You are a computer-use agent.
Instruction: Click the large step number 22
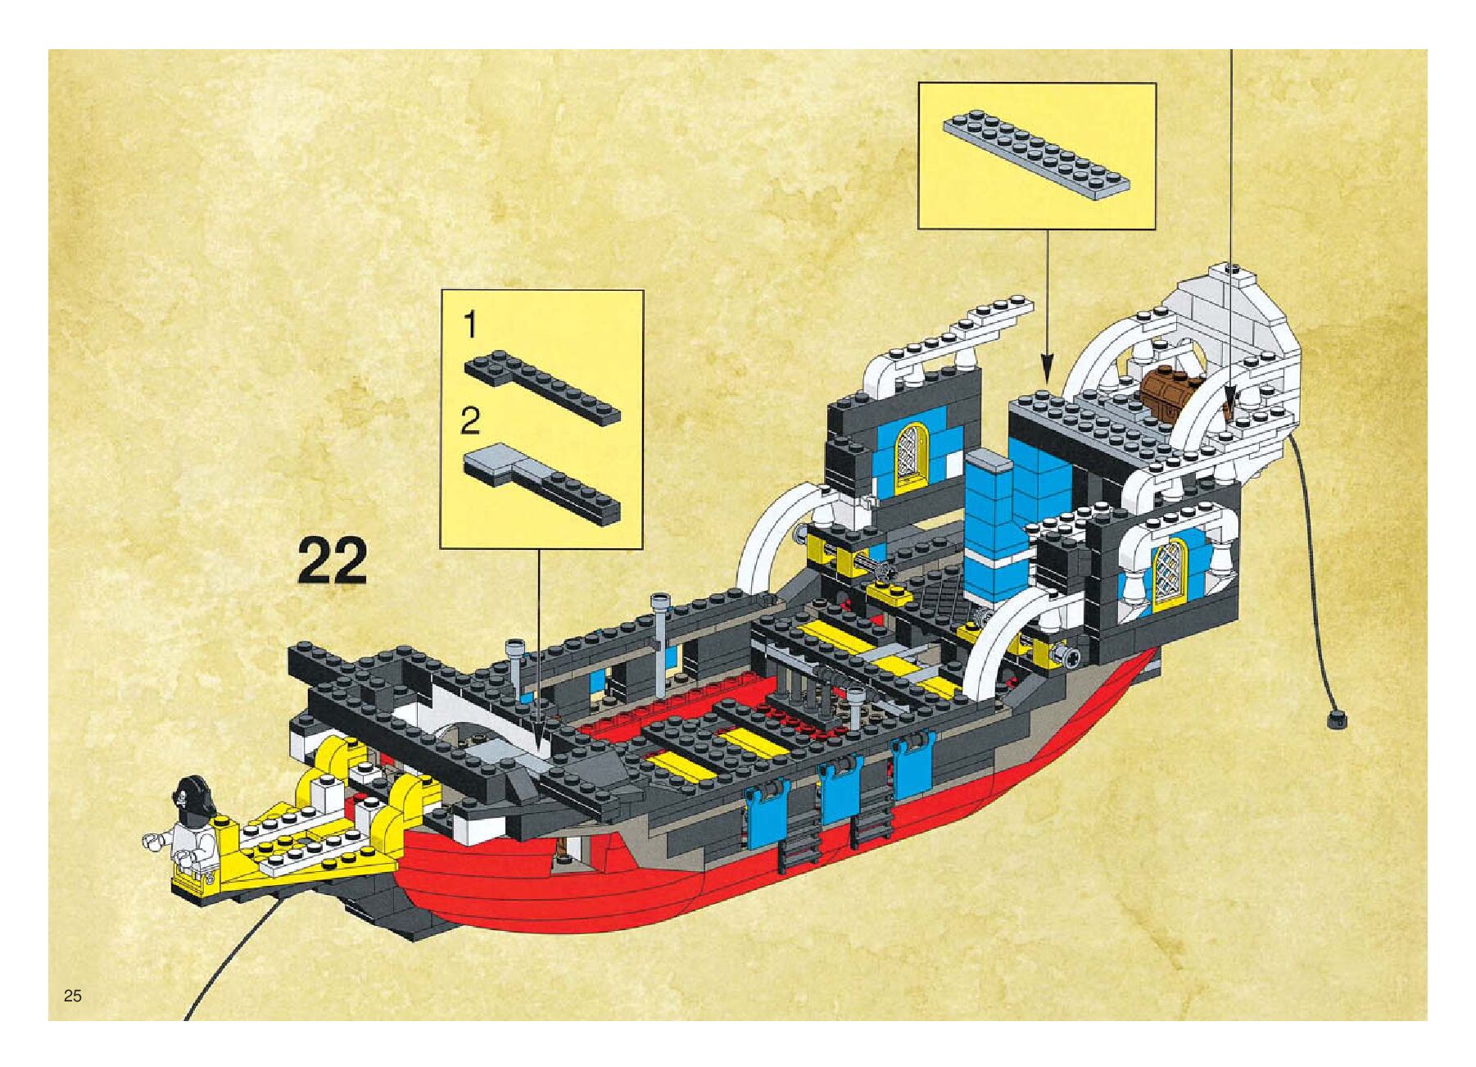click(x=332, y=560)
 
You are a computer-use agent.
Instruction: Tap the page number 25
click(x=73, y=996)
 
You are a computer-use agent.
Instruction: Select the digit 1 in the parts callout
click(x=470, y=326)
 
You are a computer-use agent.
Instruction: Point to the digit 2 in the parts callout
click(x=470, y=423)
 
